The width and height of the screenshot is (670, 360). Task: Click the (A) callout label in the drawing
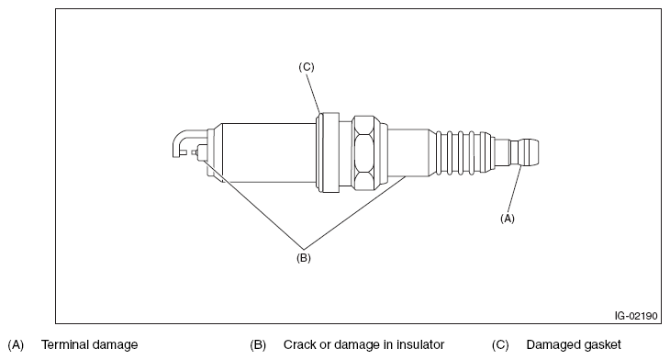tap(508, 219)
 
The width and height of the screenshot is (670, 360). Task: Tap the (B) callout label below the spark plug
tap(304, 258)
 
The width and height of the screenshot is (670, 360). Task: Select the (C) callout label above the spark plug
tap(306, 67)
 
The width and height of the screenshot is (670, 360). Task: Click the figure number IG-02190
tap(636, 316)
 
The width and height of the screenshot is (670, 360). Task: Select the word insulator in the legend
tap(420, 344)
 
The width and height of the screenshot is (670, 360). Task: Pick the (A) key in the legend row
tap(16, 344)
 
